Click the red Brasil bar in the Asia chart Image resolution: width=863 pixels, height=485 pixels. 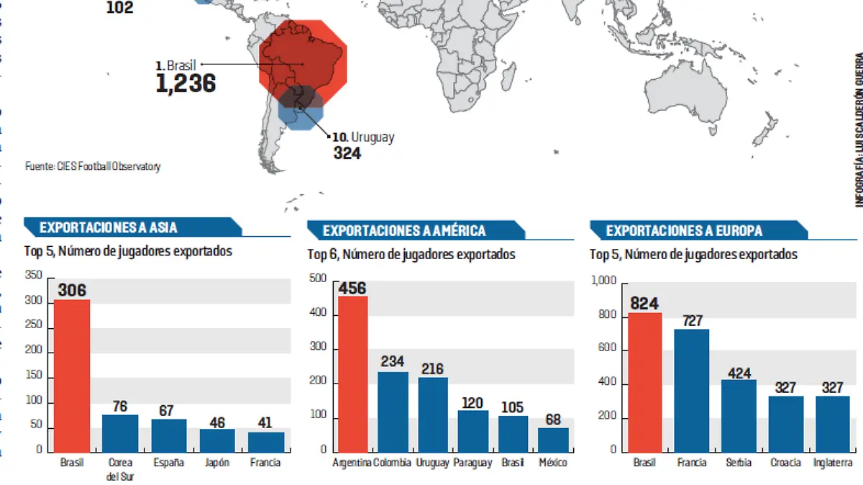coord(72,375)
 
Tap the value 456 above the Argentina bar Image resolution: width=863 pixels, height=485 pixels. coord(352,289)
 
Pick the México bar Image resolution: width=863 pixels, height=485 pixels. coord(553,440)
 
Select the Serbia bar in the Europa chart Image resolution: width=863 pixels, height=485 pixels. coord(739,415)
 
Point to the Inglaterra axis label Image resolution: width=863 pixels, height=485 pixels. coord(833,463)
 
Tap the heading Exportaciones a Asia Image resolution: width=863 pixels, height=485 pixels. coord(108,228)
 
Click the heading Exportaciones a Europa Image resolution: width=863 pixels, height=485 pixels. coord(684,231)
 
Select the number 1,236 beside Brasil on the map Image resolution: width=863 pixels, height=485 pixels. coord(186,83)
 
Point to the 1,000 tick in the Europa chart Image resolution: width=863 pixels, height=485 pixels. coord(605,282)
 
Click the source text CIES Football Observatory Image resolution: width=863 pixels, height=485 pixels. coord(93,166)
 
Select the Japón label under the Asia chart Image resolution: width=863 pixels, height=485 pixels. coord(216,463)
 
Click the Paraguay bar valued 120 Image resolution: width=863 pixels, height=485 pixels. coord(473,430)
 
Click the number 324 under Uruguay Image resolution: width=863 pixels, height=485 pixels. coord(347,153)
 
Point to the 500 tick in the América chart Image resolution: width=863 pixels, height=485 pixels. coord(319,280)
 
